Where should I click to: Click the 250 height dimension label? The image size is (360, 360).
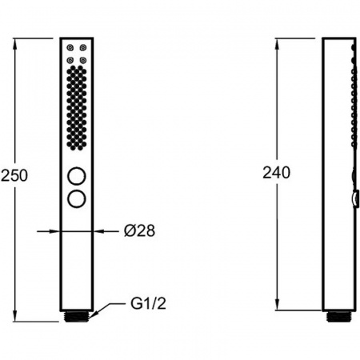click(14, 175)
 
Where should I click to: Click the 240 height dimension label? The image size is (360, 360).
click(276, 173)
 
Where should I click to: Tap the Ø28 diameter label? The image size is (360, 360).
click(139, 230)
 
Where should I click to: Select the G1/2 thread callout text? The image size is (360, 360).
click(148, 303)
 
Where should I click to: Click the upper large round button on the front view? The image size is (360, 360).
click(77, 176)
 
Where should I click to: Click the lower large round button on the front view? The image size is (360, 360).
click(77, 198)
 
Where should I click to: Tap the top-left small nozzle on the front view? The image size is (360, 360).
click(70, 48)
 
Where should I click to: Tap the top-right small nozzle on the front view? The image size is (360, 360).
click(83, 48)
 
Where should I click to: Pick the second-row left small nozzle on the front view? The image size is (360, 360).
click(70, 61)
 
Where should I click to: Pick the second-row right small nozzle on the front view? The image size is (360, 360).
click(83, 61)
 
